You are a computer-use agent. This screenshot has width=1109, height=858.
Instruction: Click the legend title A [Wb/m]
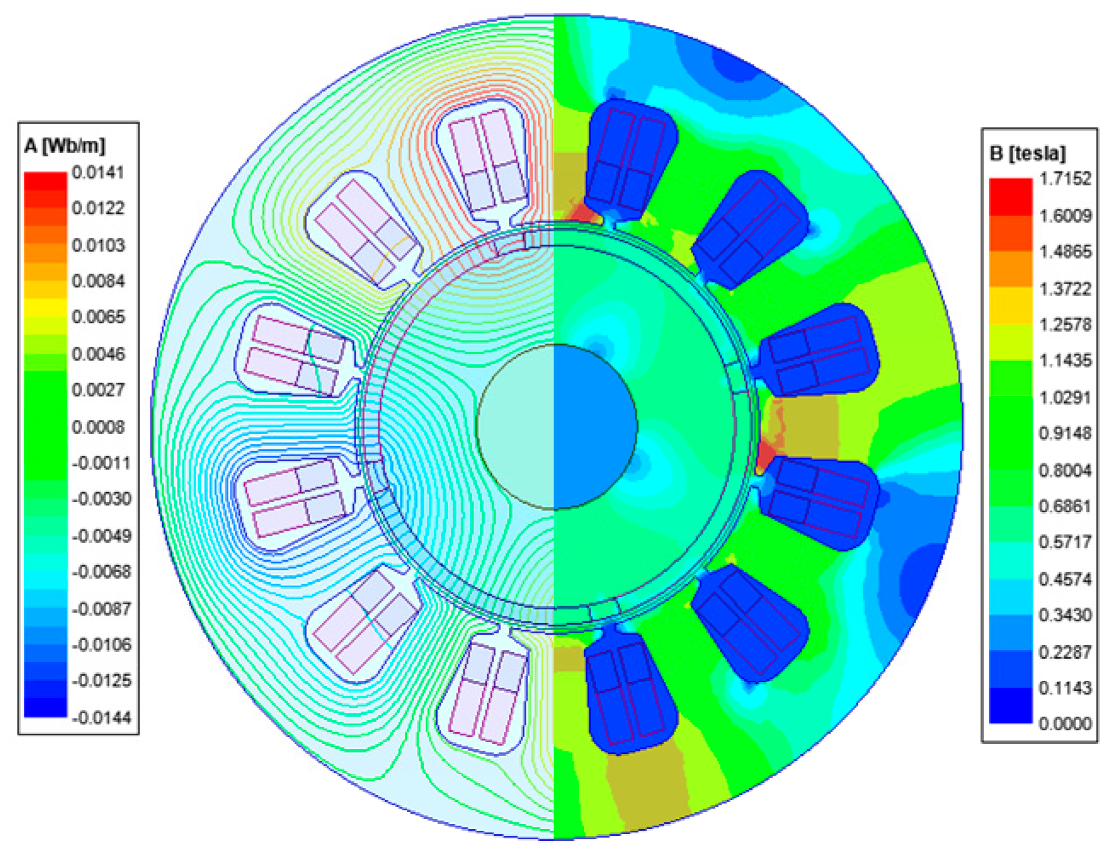pos(65,146)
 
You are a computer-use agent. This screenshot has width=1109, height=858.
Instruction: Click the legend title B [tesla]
pos(1027,153)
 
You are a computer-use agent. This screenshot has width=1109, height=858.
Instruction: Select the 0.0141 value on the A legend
pos(98,173)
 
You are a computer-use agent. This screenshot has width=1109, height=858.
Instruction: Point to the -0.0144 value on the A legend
pos(102,717)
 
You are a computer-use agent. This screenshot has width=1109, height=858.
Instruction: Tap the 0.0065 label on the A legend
pos(98,316)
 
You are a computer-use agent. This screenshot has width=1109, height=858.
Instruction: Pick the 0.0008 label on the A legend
pos(98,426)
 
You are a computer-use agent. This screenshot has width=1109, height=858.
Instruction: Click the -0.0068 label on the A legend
pos(102,571)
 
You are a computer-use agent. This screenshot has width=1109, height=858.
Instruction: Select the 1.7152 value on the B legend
pos(1065,179)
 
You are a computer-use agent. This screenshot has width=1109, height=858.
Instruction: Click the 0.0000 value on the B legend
pos(1065,724)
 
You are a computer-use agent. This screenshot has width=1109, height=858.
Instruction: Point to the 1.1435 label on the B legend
pos(1065,360)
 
